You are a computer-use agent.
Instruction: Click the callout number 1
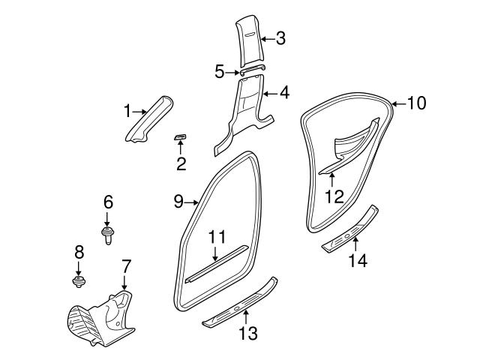click(127, 112)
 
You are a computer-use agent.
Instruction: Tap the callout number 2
click(181, 163)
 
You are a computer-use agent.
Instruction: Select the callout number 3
click(280, 37)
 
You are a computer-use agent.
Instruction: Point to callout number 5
click(220, 72)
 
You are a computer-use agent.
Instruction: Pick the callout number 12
click(334, 196)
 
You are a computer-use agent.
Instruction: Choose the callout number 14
click(358, 260)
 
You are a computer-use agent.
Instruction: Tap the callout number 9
click(178, 200)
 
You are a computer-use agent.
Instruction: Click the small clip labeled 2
click(181, 136)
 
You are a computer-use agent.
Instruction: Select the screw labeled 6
click(106, 233)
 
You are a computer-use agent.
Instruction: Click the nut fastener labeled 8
click(77, 281)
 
